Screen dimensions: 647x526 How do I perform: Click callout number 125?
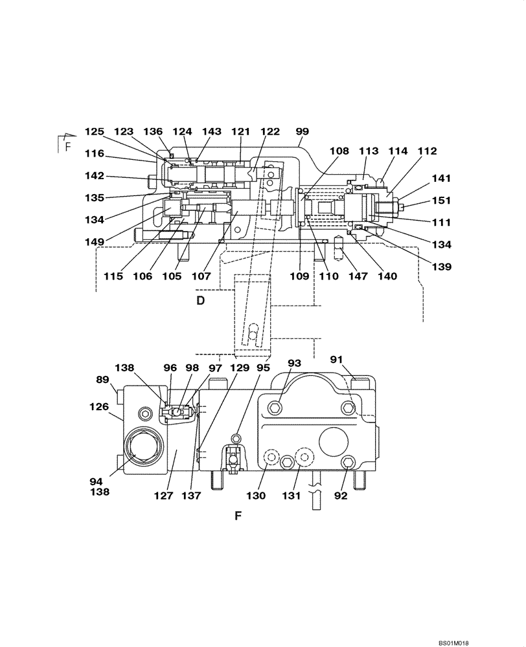[94, 131]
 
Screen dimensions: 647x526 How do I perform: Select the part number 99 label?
[302, 131]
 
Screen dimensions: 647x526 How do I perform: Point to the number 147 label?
[358, 276]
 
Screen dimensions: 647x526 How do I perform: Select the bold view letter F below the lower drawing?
[238, 516]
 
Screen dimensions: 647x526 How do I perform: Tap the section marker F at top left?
[67, 147]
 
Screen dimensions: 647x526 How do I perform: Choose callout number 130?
[255, 496]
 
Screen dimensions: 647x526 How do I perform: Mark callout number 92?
[341, 496]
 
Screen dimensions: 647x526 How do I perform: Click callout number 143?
[211, 131]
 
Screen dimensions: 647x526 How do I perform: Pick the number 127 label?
[165, 496]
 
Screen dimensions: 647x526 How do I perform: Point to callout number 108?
[339, 151]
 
